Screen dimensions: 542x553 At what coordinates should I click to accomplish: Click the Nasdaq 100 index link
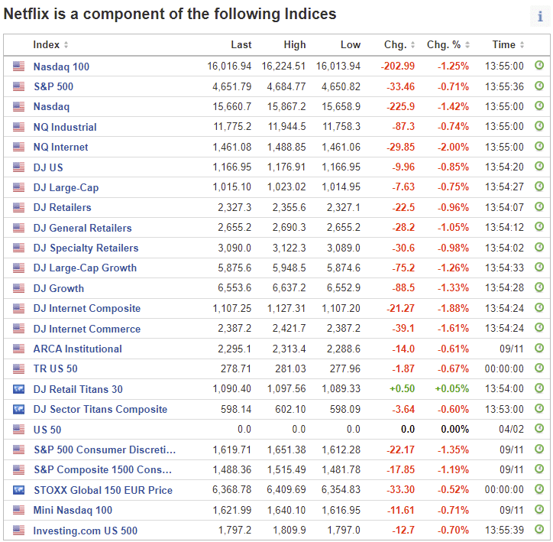tap(61, 67)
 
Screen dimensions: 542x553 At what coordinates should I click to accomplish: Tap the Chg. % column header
tap(444, 45)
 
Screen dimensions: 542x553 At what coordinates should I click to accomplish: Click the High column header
tap(294, 45)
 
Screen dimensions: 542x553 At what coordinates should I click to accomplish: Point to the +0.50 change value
tap(403, 389)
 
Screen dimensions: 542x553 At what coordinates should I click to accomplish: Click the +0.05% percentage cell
tap(452, 389)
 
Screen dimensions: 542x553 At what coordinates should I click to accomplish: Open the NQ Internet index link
tap(60, 147)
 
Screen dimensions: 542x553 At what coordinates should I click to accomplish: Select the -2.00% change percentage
tap(453, 147)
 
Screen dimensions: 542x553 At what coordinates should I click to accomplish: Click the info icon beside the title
tap(540, 17)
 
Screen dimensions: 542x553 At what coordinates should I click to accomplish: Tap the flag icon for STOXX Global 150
tap(18, 490)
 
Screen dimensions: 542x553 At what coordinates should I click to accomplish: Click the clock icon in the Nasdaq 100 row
tap(539, 67)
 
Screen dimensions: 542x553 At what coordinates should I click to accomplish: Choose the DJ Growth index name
tap(59, 288)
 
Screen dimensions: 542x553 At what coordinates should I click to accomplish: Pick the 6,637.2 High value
tap(287, 288)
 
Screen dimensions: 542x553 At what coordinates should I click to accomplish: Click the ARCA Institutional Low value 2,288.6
tap(343, 349)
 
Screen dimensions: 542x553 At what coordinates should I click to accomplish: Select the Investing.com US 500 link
tap(86, 531)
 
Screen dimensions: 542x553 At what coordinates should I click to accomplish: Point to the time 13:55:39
tap(504, 531)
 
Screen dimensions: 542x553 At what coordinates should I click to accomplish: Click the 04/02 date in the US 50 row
tap(512, 430)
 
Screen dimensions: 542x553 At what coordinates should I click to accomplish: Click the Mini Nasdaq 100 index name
tap(73, 510)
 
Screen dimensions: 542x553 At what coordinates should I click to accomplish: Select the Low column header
tap(351, 45)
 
